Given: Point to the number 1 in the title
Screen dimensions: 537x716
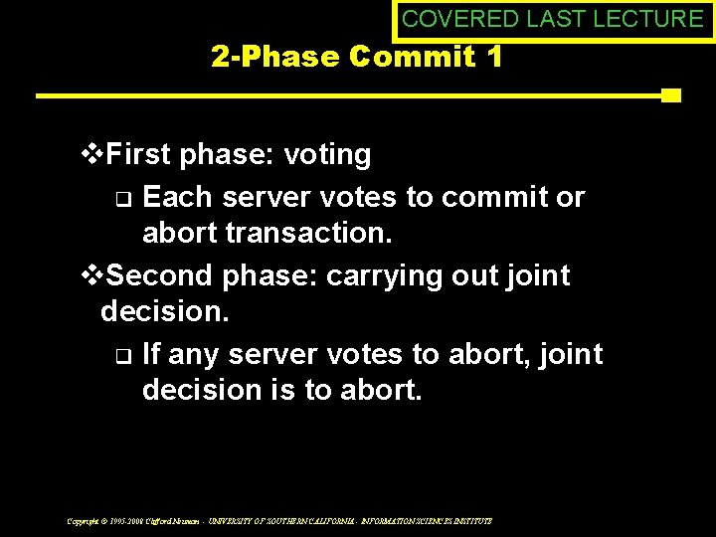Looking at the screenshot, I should tap(493, 57).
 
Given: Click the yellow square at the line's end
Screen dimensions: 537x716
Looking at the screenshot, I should tap(670, 95).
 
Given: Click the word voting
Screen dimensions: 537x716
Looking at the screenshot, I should tap(327, 155).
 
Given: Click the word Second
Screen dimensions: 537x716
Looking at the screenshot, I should tap(159, 274).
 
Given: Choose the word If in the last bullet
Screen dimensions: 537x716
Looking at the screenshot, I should tap(152, 354).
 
